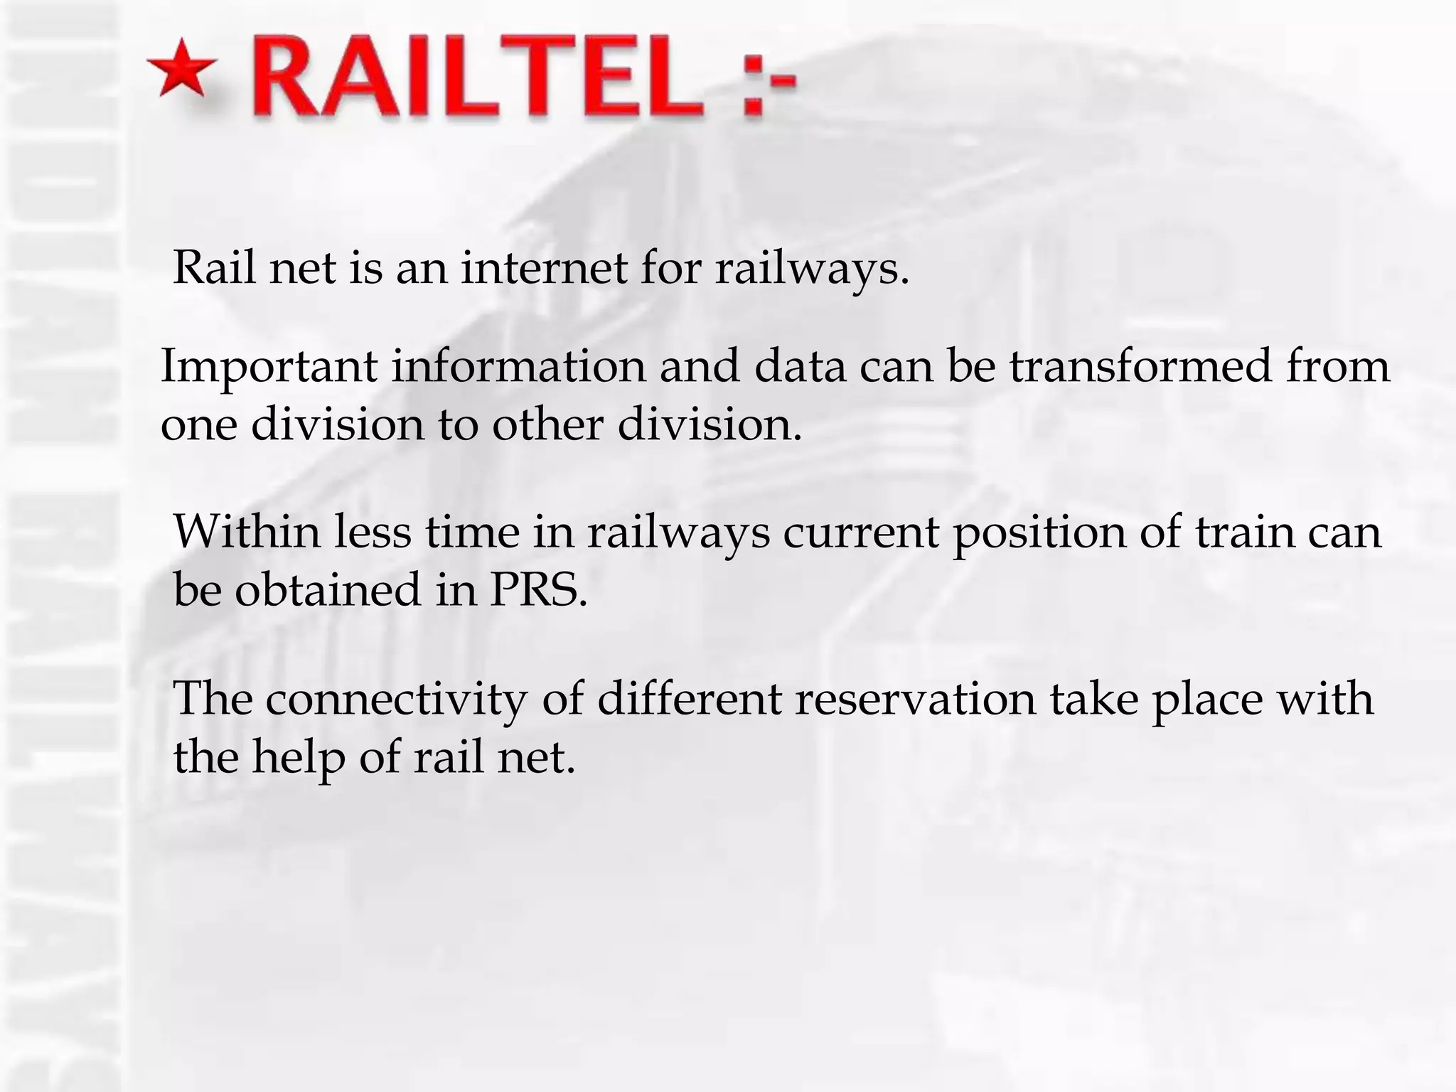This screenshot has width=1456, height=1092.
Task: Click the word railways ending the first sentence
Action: pyautogui.click(x=810, y=270)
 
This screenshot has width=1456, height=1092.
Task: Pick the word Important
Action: pyautogui.click(x=269, y=368)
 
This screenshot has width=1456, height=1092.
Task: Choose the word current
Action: pyautogui.click(x=861, y=532)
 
